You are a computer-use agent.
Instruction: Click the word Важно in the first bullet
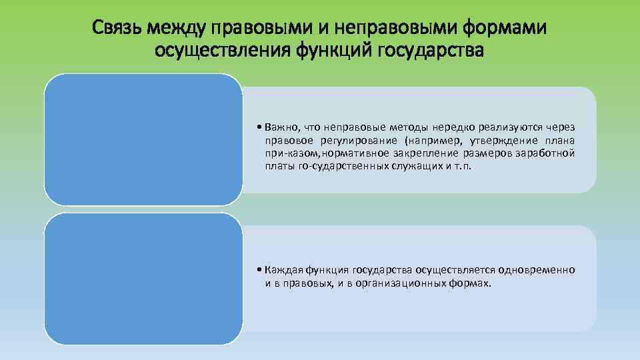[281, 127]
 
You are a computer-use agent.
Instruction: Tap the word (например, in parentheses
[427, 140]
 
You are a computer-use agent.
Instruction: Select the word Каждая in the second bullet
[283, 270]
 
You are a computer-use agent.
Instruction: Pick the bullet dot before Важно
[259, 127]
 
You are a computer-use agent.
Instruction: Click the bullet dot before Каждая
[259, 270]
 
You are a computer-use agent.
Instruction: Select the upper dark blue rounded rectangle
[143, 139]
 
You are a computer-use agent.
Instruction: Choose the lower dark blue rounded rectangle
[143, 278]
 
